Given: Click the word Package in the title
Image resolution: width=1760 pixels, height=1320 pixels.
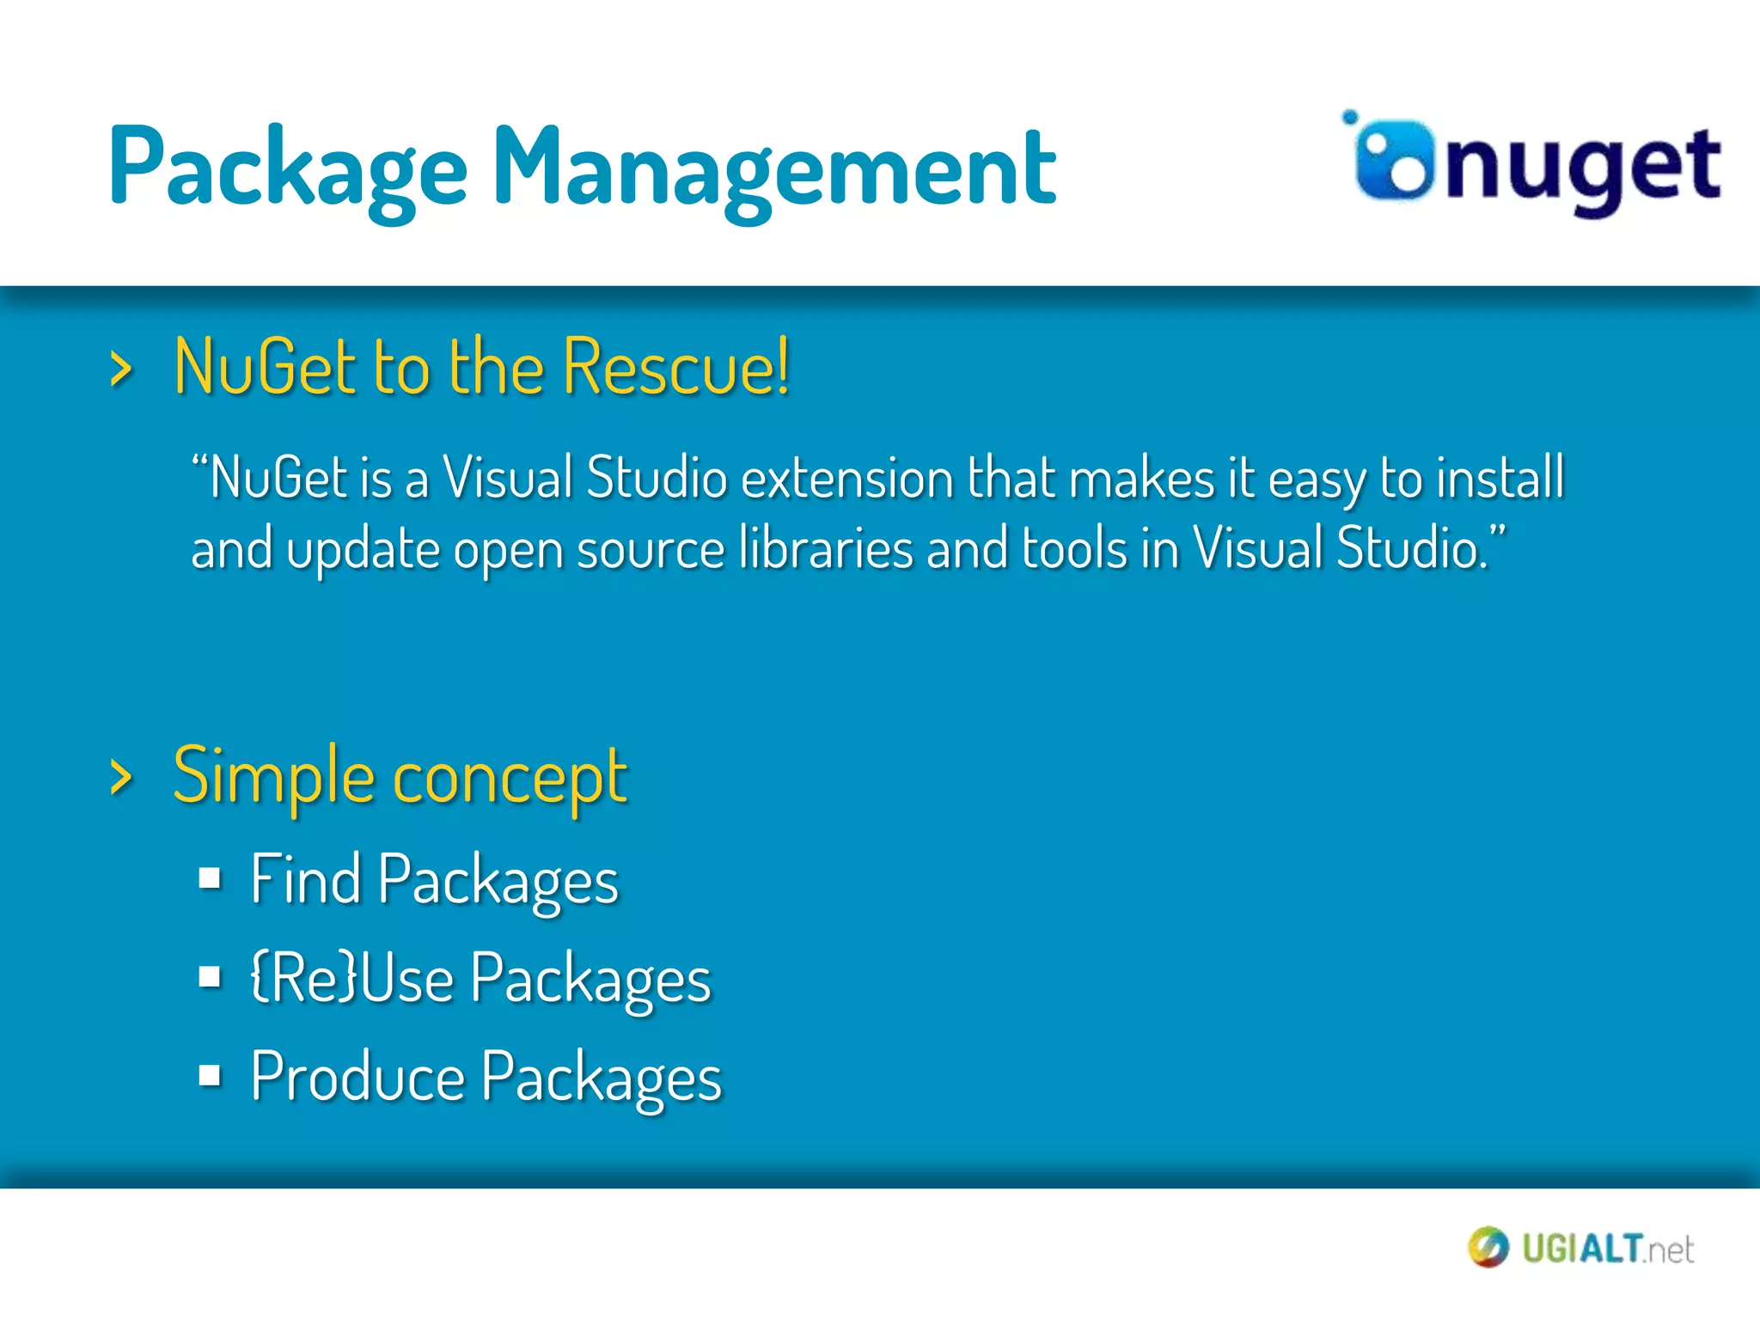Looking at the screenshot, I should coord(287,168).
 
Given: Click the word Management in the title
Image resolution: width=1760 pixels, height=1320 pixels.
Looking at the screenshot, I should coord(773,168).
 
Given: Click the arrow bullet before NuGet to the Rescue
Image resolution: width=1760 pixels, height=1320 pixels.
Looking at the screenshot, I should coord(121,370).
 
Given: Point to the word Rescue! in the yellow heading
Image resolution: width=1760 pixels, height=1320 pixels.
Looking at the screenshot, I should coord(676,368).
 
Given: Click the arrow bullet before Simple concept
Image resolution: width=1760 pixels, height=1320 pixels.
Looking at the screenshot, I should coord(121,778).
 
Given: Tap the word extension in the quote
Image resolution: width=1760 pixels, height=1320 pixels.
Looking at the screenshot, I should coord(846,478).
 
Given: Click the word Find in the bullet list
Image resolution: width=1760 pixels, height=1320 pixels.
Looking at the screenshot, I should coord(305,879).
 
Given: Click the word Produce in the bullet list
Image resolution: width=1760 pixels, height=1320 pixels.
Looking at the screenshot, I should coord(357,1076).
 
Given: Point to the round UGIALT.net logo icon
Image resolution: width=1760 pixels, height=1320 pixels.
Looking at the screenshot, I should coord(1488,1248).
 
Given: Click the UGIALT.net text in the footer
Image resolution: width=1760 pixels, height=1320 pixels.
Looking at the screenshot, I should coord(1607,1249).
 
